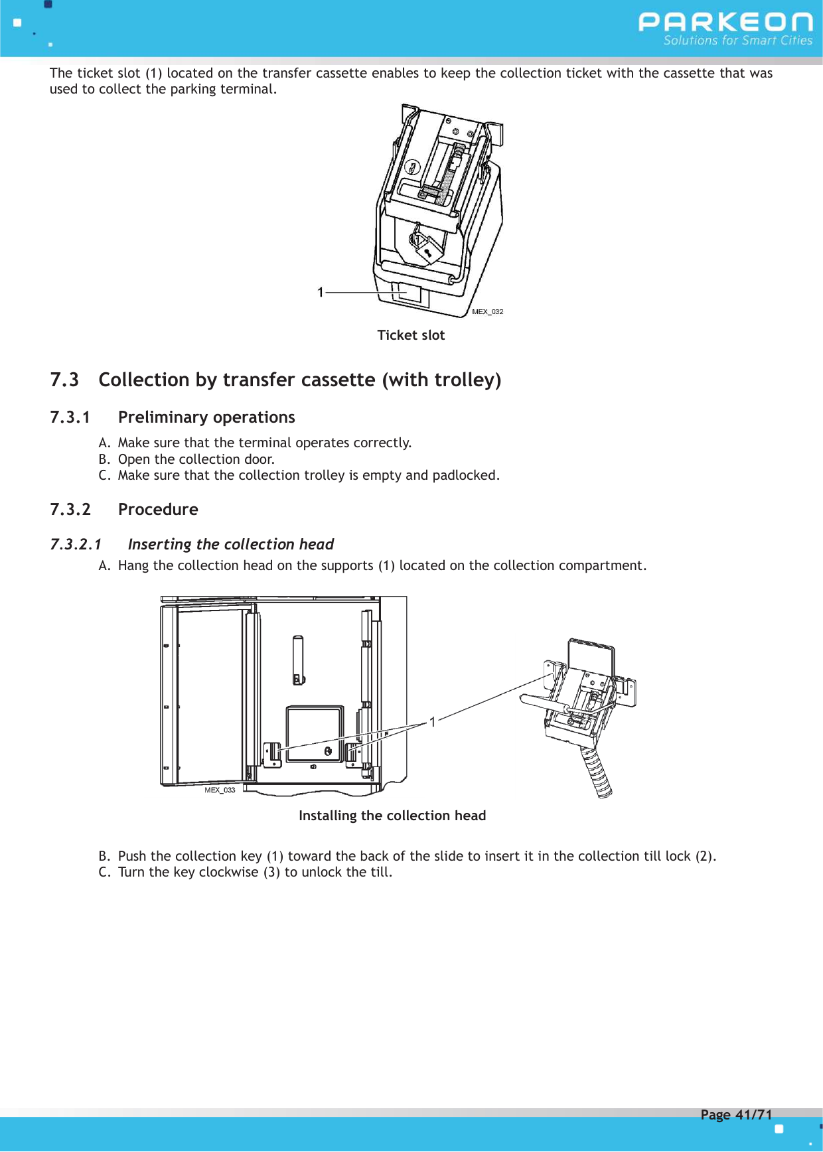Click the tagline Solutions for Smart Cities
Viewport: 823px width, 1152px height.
737,41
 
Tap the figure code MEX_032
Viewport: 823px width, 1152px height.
487,312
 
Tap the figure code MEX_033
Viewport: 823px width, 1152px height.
220,790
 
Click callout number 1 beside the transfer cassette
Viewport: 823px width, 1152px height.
321,293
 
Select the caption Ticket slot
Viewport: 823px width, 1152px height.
411,336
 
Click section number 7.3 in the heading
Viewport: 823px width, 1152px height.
64,380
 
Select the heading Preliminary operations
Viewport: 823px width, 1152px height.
206,417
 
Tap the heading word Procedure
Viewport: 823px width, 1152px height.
158,510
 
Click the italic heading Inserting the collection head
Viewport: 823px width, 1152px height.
230,545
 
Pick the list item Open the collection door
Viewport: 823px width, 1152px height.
196,459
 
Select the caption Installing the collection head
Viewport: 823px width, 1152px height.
392,816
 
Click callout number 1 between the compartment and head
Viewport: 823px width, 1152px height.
433,722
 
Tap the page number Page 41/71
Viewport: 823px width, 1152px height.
736,1115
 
